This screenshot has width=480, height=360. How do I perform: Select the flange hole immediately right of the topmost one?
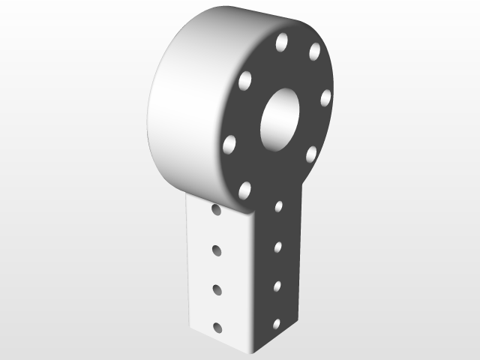pos(314,51)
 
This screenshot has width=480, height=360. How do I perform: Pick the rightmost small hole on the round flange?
pos(325,98)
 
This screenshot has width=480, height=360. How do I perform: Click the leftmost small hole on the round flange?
pos(229,144)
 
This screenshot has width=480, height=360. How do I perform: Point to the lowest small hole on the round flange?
pos(244,190)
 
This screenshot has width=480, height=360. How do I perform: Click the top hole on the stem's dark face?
pos(278,206)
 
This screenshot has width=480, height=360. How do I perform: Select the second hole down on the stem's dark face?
pos(277,246)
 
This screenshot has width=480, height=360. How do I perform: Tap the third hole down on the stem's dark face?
pos(277,285)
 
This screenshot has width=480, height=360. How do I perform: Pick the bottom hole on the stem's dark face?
pos(276,324)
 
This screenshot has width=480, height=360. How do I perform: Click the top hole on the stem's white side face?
pos(216,211)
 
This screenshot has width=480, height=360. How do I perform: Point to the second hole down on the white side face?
pos(217,249)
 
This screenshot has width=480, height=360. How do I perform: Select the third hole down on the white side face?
pos(217,288)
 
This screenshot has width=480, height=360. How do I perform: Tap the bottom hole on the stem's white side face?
pos(218,327)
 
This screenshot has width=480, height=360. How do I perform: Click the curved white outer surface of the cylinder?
pos(184,105)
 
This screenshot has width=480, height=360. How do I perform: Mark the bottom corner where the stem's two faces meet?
pos(252,351)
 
